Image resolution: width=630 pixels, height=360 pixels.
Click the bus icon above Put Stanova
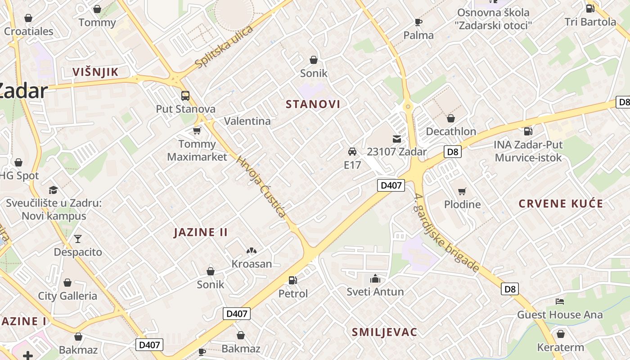(185, 95)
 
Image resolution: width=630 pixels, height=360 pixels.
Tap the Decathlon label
(451, 131)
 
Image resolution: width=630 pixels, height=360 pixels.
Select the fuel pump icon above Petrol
(292, 280)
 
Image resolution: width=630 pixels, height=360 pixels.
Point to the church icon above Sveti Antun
(375, 279)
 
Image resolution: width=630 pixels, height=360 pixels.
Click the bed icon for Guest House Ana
(560, 301)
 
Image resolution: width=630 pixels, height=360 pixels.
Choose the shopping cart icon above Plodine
(462, 191)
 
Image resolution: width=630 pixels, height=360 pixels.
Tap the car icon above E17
(352, 151)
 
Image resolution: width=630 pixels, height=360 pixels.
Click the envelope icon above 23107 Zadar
(396, 139)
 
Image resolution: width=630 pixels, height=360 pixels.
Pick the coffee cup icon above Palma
(418, 22)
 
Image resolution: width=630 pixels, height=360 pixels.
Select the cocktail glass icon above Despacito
(78, 239)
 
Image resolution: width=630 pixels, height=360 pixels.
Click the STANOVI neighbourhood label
(313, 104)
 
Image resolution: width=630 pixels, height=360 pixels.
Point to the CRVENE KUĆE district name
(561, 203)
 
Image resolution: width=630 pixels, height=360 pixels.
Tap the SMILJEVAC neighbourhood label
(384, 333)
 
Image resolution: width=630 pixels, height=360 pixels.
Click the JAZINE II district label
(201, 232)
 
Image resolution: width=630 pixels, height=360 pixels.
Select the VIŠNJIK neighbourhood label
(95, 72)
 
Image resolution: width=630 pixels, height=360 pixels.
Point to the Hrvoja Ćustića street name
(261, 186)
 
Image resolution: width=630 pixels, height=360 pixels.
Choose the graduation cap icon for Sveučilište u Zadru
(54, 190)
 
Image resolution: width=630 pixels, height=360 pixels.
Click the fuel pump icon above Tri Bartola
(590, 8)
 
